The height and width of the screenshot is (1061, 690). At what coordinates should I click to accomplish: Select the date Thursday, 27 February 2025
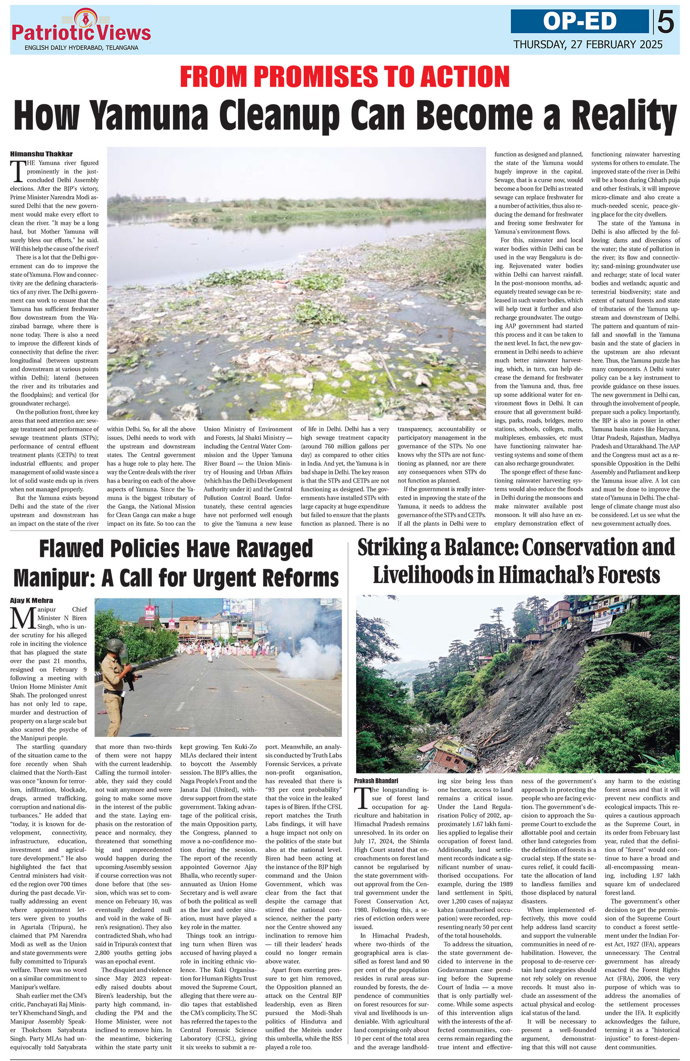point(587,44)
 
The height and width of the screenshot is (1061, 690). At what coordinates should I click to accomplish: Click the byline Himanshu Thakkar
point(41,154)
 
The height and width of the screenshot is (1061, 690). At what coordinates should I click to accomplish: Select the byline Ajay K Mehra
point(31,600)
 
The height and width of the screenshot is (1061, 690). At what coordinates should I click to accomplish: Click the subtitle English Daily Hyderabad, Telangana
point(81,48)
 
